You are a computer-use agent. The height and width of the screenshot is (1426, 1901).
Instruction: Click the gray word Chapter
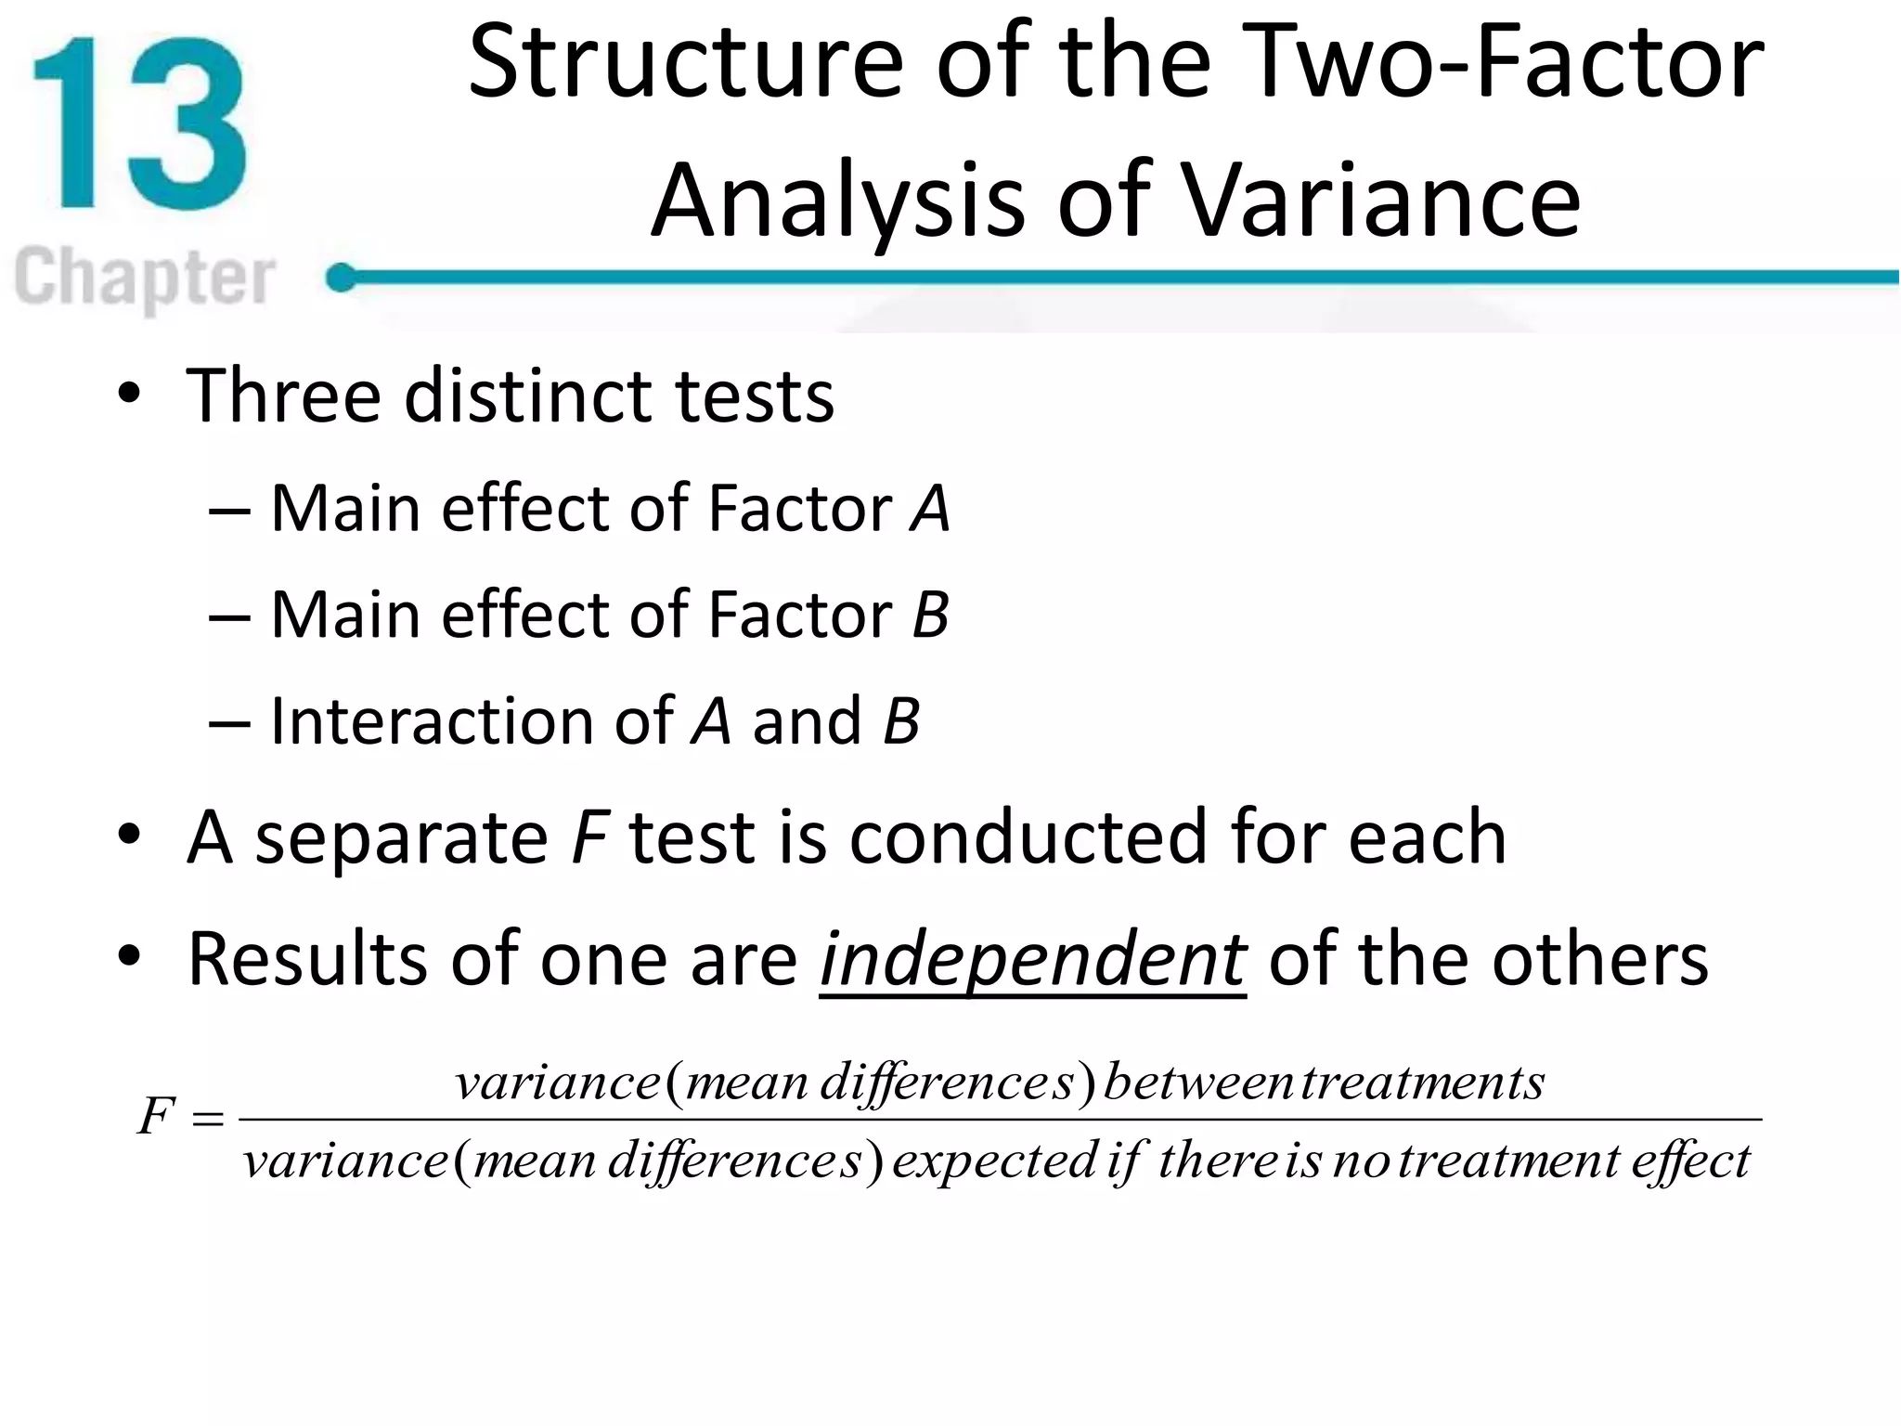(145, 278)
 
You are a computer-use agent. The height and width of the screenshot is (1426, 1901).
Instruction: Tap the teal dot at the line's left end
(342, 278)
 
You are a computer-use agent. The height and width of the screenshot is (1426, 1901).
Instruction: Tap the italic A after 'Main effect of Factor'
(930, 509)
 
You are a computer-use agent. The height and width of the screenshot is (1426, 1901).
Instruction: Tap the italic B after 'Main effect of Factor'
(930, 615)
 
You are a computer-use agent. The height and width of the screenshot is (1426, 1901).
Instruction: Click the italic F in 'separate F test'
(588, 837)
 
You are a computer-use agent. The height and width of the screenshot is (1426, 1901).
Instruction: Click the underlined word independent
(1032, 960)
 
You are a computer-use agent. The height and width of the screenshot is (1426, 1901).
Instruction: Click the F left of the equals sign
(156, 1116)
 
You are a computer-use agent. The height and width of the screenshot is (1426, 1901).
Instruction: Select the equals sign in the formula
(207, 1120)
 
